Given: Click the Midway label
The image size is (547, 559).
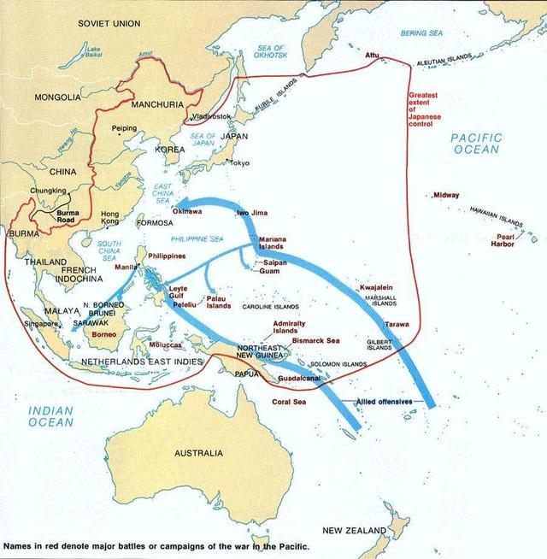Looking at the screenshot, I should pos(446,195).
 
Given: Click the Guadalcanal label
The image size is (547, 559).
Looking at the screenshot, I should pos(297,377).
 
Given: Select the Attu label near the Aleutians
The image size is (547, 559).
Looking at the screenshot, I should pos(372,55).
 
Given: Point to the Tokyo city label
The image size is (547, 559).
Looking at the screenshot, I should pos(239,162).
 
